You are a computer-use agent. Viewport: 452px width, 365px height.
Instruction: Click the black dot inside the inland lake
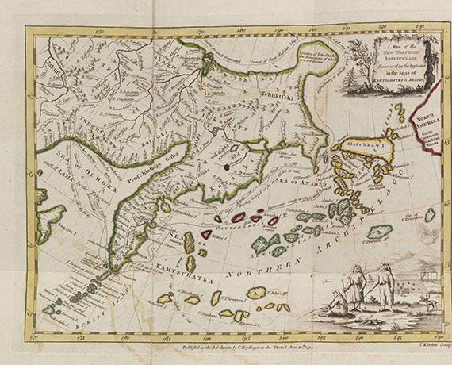click(x=227, y=167)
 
